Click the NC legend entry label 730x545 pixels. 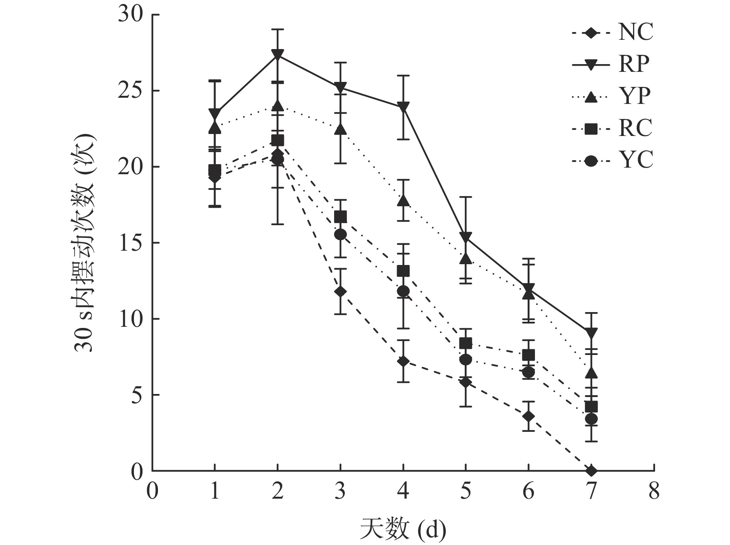point(635,32)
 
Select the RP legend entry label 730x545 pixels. point(634,64)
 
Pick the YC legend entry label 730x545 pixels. point(635,160)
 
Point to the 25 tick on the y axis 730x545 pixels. point(131,91)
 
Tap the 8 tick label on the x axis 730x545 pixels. point(654,492)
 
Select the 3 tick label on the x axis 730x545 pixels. point(340,492)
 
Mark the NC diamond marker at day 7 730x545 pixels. point(591,470)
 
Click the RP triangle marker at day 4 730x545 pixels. point(403,107)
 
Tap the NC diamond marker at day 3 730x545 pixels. point(340,291)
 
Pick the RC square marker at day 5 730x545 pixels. point(466,343)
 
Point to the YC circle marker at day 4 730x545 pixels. point(403,291)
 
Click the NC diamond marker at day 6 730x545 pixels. point(528,416)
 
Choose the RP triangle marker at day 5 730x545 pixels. point(466,238)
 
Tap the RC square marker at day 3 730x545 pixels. point(340,217)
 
